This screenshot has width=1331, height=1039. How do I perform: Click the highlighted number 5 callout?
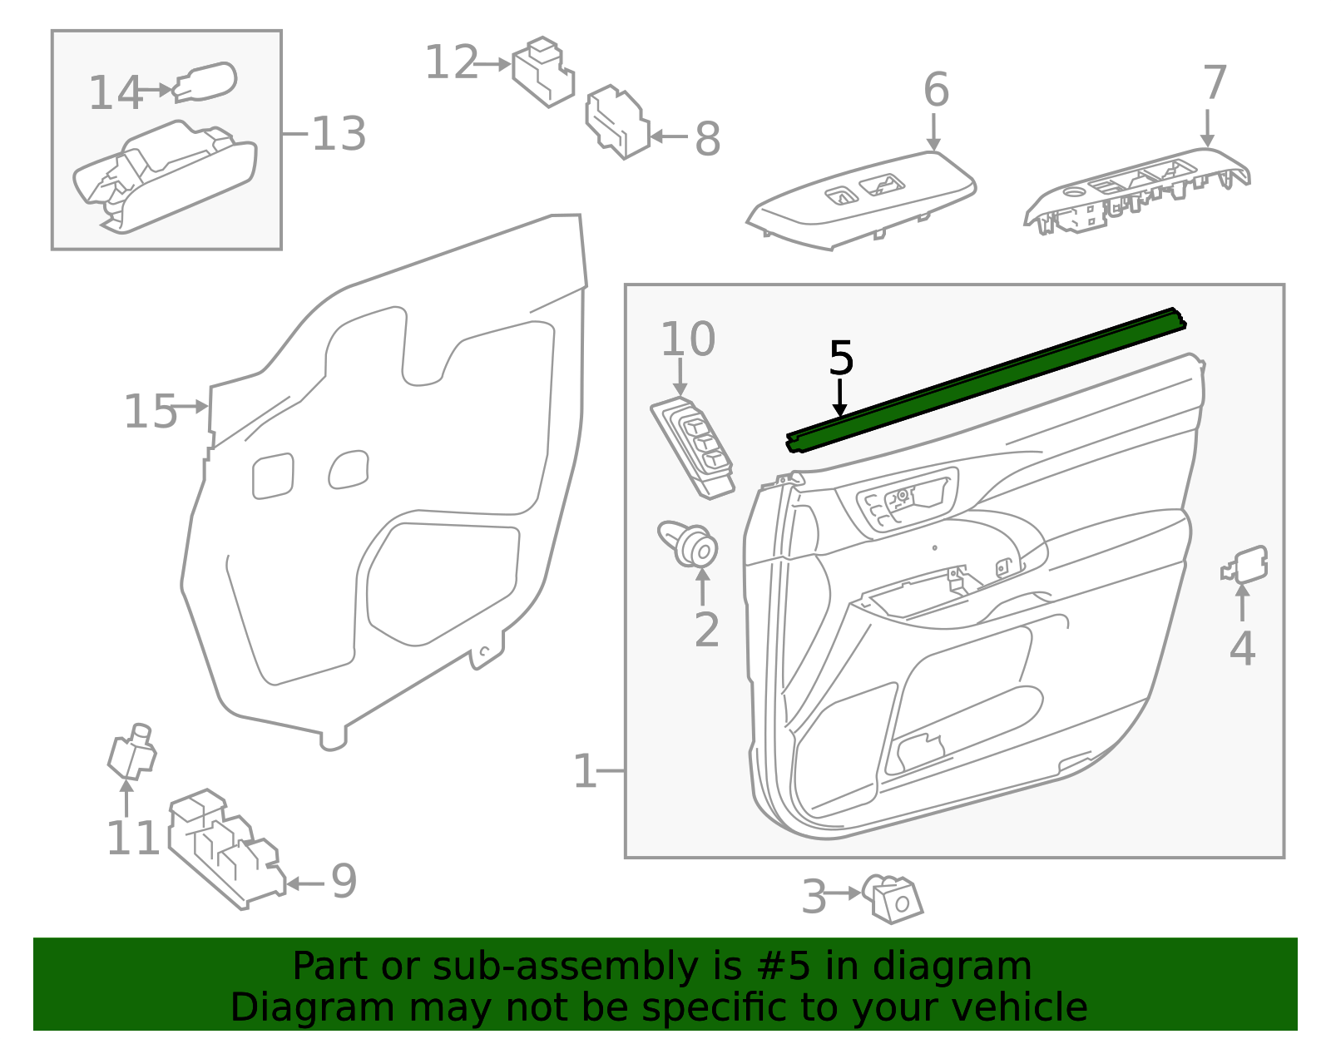840,358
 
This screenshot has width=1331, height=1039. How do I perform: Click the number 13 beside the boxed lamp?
339,133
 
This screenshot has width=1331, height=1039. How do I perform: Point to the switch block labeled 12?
543,72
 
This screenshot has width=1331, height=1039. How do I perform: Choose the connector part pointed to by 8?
617,121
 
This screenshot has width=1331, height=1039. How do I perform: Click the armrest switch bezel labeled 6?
862,200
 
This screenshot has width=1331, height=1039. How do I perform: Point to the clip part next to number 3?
893,898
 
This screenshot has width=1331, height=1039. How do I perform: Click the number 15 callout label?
151,412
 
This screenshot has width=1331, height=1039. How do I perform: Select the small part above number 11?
132,751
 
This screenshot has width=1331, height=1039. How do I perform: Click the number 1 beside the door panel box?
585,771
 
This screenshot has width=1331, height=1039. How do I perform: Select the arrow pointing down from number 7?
1207,128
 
